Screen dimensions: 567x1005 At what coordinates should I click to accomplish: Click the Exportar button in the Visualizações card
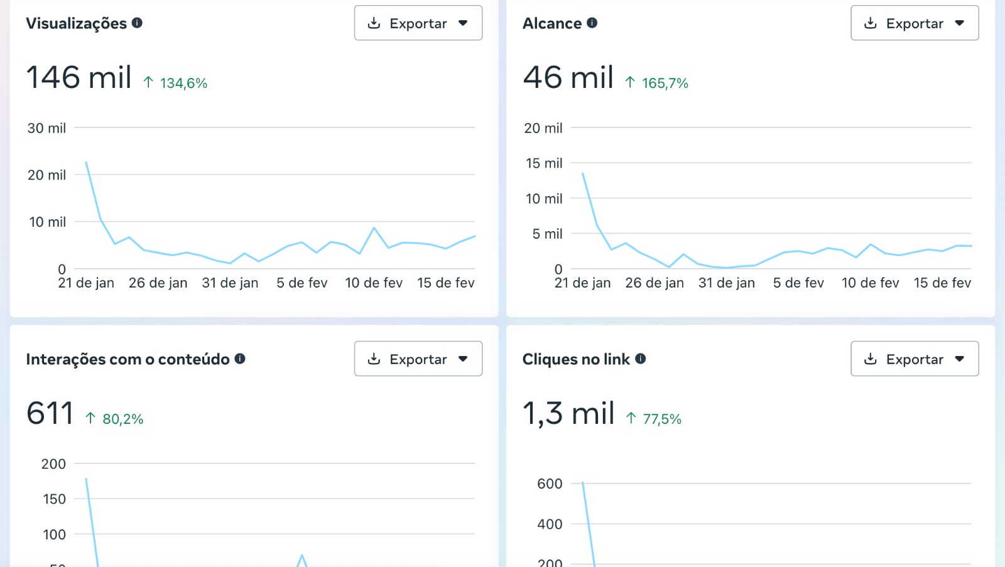tap(418, 23)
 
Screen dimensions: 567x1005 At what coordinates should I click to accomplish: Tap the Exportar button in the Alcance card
tap(914, 23)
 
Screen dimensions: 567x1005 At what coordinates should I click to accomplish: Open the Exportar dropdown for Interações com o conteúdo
tap(418, 359)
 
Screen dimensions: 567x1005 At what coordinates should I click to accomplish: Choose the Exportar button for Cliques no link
tap(914, 359)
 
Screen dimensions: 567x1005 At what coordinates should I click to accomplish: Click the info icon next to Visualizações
tap(137, 23)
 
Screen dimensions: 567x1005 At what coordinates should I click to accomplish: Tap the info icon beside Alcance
tap(592, 23)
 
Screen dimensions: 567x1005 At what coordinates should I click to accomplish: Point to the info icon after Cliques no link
tap(640, 359)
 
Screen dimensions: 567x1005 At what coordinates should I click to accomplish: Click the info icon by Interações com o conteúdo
tap(240, 359)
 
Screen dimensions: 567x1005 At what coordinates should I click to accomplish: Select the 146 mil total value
tap(79, 78)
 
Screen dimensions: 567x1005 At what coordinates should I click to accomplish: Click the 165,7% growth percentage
tap(665, 84)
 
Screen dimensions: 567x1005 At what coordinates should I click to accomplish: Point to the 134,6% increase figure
tap(183, 84)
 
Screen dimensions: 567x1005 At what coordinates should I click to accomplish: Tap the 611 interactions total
tap(50, 414)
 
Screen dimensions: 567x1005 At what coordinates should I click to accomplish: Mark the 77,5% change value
tap(662, 419)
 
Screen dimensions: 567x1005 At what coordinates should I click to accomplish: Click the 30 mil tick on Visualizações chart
tap(46, 128)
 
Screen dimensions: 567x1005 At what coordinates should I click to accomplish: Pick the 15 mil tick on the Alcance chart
tap(544, 163)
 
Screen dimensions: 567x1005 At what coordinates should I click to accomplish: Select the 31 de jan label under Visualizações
tap(230, 283)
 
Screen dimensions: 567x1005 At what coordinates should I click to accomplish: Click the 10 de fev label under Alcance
tap(870, 283)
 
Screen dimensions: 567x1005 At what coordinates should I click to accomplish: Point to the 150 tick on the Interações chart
tap(54, 499)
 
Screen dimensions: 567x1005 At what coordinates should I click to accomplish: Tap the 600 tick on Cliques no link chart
tap(550, 484)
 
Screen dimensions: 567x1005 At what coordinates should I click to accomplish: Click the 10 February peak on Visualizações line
tap(374, 228)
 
